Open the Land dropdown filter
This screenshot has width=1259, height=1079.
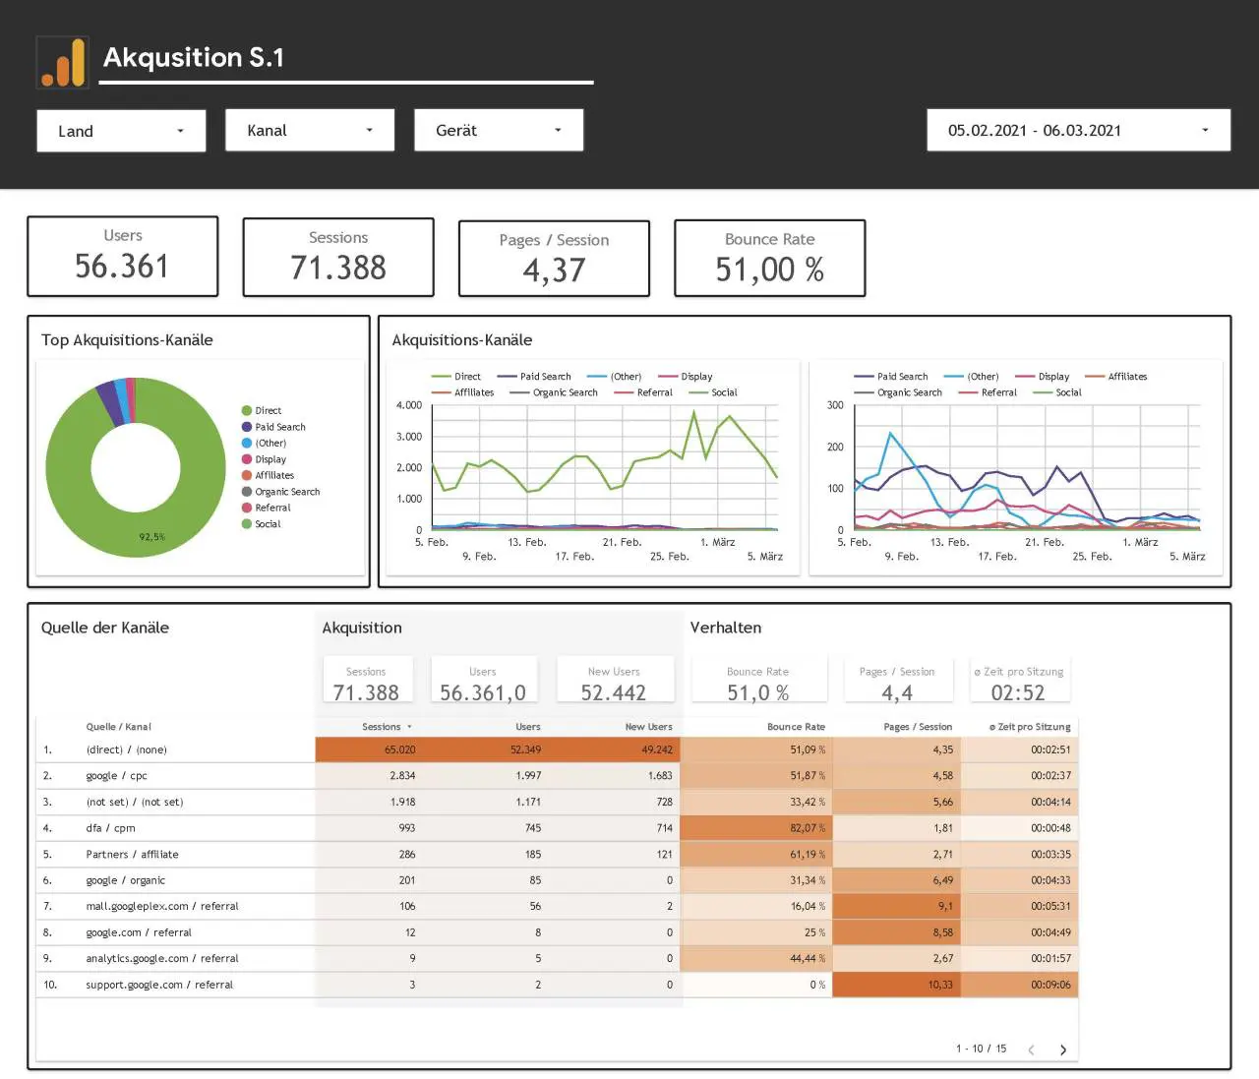click(121, 131)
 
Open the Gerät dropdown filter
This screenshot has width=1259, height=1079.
click(499, 131)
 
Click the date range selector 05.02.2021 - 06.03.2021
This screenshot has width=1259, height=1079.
click(1078, 131)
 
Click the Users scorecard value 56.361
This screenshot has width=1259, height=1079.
click(122, 267)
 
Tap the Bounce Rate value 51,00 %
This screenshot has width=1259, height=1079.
click(769, 270)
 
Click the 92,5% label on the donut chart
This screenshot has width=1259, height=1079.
click(151, 537)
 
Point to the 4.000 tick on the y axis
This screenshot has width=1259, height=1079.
click(409, 405)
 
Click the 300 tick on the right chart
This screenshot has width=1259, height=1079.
click(835, 405)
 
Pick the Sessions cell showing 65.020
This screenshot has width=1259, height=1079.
click(399, 749)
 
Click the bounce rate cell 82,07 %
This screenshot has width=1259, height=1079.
click(808, 828)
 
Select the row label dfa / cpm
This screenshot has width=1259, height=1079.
click(111, 828)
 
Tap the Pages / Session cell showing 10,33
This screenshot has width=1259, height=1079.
click(940, 985)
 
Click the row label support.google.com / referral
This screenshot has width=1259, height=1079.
click(159, 985)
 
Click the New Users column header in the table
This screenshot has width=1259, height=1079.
click(649, 726)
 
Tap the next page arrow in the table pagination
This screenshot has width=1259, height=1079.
click(1063, 1049)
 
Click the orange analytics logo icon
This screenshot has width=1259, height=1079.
click(63, 62)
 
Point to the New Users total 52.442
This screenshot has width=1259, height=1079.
click(613, 692)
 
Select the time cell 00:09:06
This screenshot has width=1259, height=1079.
click(1050, 985)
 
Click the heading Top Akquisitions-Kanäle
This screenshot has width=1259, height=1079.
click(127, 340)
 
